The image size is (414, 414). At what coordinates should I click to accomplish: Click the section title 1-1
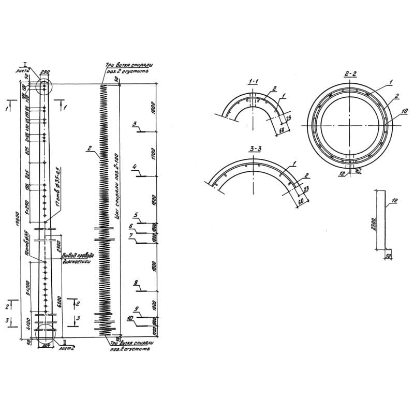tap(254, 82)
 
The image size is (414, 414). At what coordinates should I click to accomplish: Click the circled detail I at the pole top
tap(45, 85)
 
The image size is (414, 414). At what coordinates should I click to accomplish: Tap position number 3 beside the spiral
tap(134, 124)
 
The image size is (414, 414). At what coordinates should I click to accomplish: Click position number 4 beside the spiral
tap(134, 167)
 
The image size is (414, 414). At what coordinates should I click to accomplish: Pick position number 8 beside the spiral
tap(135, 283)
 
